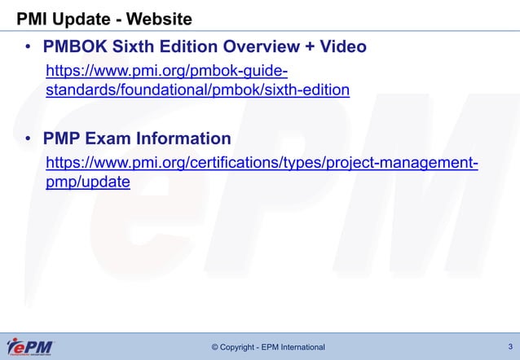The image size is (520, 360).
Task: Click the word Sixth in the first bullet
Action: (140, 47)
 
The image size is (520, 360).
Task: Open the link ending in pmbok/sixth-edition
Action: (197, 89)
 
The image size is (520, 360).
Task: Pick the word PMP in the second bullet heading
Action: (63, 138)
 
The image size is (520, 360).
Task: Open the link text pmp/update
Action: (87, 182)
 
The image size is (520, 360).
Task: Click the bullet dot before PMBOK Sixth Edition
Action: (27, 47)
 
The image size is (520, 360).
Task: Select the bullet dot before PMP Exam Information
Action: (27, 139)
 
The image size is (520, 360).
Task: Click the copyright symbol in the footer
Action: (215, 348)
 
